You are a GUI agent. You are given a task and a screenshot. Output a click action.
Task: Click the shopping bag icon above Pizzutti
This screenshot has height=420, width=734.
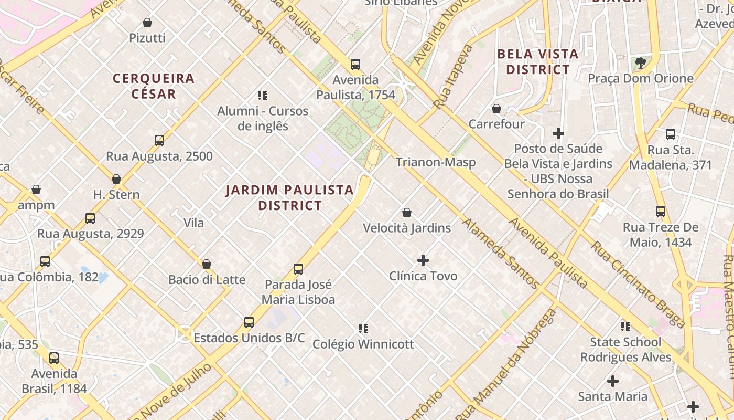[x=147, y=23]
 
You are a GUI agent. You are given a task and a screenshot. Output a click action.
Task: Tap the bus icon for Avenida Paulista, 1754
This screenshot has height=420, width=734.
[x=355, y=65]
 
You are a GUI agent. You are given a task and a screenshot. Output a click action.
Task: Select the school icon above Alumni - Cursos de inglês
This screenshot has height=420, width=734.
[x=263, y=95]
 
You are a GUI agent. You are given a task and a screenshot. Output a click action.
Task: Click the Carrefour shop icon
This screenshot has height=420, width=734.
[x=496, y=109]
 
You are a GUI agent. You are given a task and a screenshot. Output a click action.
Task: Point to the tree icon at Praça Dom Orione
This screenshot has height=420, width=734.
[x=640, y=63]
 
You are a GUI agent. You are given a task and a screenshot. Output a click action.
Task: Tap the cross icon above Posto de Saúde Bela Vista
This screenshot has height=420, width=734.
[x=558, y=133]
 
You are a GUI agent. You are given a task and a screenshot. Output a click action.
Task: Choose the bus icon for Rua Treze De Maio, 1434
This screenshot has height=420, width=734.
[x=661, y=212]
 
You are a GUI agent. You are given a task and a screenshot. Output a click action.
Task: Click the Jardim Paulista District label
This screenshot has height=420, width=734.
[x=290, y=197]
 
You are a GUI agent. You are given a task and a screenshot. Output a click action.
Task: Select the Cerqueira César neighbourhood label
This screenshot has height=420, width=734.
[x=154, y=86]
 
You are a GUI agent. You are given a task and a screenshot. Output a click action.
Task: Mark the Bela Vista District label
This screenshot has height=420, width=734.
[x=538, y=61]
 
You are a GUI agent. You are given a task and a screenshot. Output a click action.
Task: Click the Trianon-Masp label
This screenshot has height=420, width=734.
[x=436, y=162]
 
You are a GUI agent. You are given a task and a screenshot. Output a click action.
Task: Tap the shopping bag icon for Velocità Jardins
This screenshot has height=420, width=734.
[x=406, y=213]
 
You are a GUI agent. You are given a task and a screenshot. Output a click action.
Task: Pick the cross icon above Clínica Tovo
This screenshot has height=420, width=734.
[x=423, y=260]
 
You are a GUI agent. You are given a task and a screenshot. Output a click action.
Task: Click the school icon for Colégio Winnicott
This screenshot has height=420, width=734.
[x=363, y=329]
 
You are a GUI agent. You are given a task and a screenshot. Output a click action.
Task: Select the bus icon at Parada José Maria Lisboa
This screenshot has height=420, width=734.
[x=298, y=269]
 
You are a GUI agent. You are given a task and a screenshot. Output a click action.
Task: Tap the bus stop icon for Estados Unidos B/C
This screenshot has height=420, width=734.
[x=249, y=322]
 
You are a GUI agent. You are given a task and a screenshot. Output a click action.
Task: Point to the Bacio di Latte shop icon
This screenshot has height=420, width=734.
[x=207, y=264]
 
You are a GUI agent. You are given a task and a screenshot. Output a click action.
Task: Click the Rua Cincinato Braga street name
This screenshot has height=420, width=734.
[x=638, y=285]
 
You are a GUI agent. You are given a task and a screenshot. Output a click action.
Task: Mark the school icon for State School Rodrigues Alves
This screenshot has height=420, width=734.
[x=625, y=327]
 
